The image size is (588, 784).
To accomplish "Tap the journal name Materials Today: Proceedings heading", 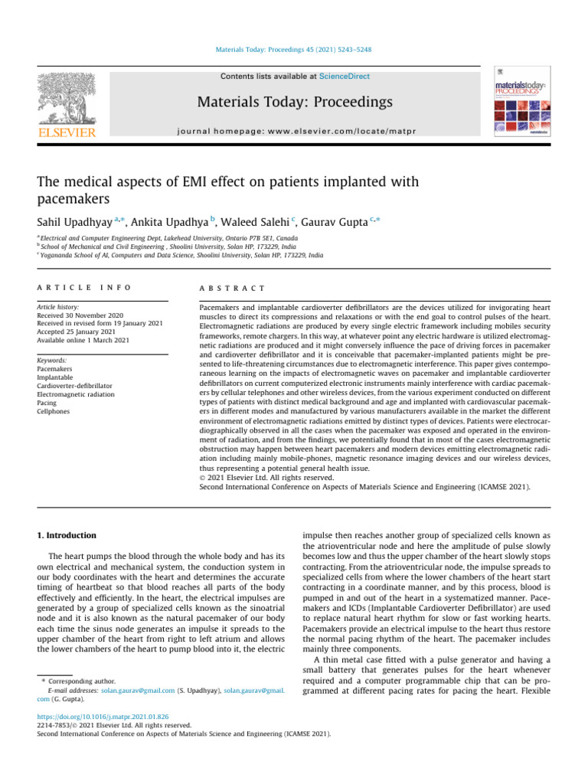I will (295, 102).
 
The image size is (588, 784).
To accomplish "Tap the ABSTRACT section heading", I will (233, 288).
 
